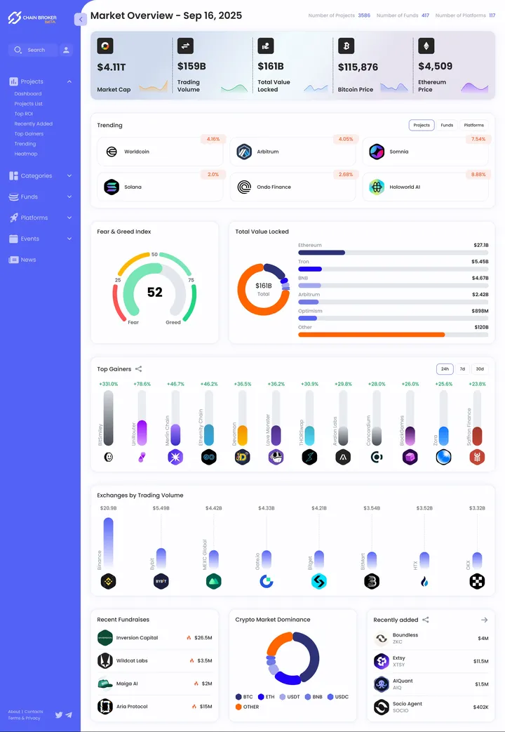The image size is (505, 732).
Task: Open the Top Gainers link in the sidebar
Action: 29,133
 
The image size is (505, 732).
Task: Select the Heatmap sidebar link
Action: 26,154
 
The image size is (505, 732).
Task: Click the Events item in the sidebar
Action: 30,239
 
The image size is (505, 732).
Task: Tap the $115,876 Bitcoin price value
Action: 358,67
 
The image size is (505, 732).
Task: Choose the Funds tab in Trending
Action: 447,125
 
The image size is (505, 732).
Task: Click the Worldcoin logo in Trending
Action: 111,152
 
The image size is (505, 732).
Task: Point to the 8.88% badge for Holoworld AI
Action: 478,174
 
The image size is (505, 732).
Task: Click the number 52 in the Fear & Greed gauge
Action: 154,292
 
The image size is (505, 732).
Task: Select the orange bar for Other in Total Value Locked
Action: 372,335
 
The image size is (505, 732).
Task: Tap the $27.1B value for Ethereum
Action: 480,246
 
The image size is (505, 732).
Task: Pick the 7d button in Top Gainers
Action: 462,368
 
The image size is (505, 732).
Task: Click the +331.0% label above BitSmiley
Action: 109,384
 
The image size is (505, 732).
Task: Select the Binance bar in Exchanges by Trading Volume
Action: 108,543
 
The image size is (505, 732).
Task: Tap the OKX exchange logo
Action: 477,581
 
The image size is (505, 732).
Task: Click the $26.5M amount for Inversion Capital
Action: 203,638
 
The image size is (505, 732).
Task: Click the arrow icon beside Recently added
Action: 484,620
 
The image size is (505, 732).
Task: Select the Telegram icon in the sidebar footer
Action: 69,714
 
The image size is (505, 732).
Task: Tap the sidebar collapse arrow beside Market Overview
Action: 81,20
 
